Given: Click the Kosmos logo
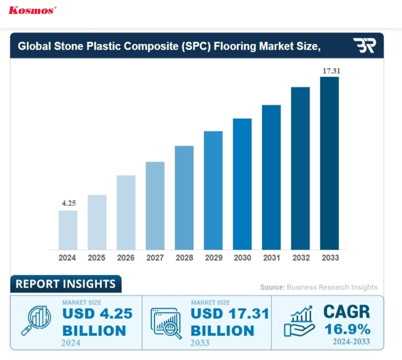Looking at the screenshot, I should pyautogui.click(x=32, y=10).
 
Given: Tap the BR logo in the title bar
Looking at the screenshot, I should pyautogui.click(x=364, y=46).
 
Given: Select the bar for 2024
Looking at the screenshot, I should pyautogui.click(x=68, y=229).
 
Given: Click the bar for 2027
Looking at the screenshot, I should pyautogui.click(x=155, y=205).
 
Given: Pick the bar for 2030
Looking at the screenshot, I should pyautogui.click(x=242, y=184).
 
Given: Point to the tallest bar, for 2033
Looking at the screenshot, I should pyautogui.click(x=329, y=163).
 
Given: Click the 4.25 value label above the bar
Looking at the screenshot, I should pyautogui.click(x=68, y=203).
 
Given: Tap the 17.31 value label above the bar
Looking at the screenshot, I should pyautogui.click(x=330, y=71).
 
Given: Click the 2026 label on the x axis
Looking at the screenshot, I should pyautogui.click(x=126, y=258).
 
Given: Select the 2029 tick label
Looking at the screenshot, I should pyautogui.click(x=213, y=258).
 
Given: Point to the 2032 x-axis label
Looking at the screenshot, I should pyautogui.click(x=301, y=258).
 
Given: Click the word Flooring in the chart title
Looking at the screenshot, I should pyautogui.click(x=234, y=46).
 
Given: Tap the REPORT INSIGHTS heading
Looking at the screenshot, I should pyautogui.click(x=66, y=284).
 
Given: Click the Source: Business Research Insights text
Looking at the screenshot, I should pyautogui.click(x=318, y=287).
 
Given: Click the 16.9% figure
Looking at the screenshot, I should pyautogui.click(x=347, y=329).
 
